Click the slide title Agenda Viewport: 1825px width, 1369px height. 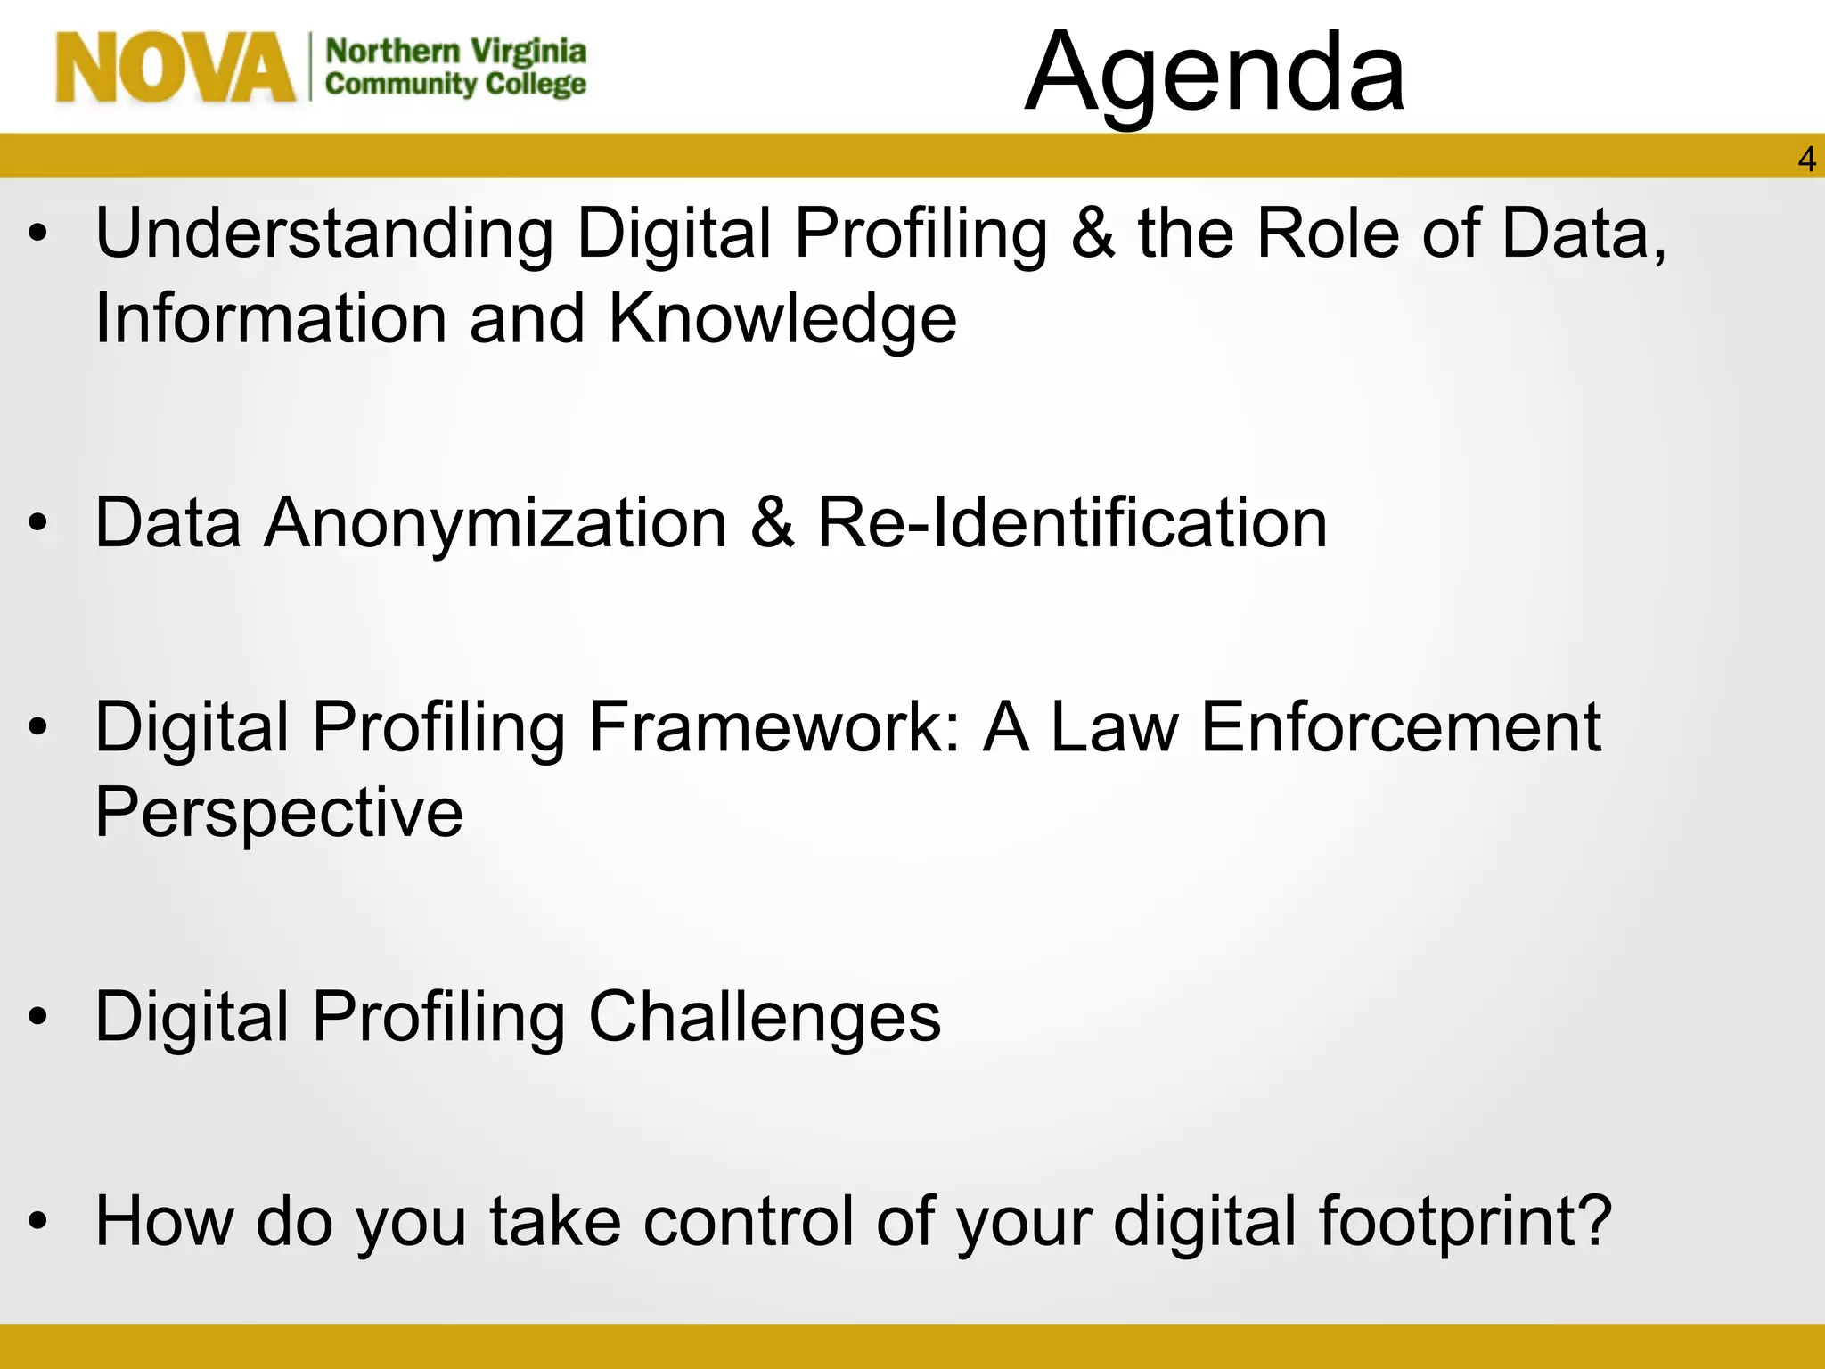(x=1215, y=73)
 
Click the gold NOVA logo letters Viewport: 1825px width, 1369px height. (x=175, y=68)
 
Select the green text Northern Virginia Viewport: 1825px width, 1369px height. (x=455, y=52)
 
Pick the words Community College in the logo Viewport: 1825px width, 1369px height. (x=455, y=85)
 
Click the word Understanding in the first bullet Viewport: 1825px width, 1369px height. (x=324, y=234)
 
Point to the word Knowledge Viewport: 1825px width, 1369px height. (x=782, y=319)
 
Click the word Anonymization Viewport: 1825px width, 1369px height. (x=495, y=523)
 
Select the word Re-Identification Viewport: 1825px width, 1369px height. (x=1072, y=523)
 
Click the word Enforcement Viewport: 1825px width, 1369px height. (x=1400, y=727)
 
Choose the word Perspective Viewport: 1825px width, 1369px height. (x=279, y=813)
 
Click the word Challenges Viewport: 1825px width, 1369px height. (x=764, y=1017)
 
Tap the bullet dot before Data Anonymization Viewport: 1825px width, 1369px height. (x=37, y=525)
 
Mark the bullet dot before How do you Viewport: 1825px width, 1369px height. (x=37, y=1223)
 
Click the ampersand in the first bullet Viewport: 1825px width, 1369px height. (x=1093, y=234)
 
